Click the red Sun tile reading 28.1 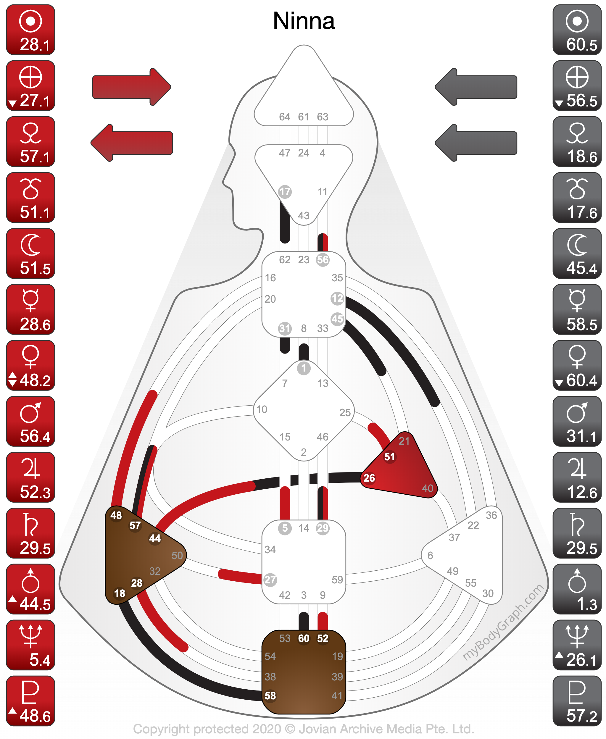(30, 30)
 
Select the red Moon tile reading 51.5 (30, 254)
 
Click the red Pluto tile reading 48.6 (30, 701)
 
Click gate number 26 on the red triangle (369, 478)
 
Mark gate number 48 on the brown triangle (116, 515)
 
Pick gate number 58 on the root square (270, 696)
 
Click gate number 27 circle (270, 580)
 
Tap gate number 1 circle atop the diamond (304, 368)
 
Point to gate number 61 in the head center (303, 117)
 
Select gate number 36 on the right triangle (491, 515)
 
